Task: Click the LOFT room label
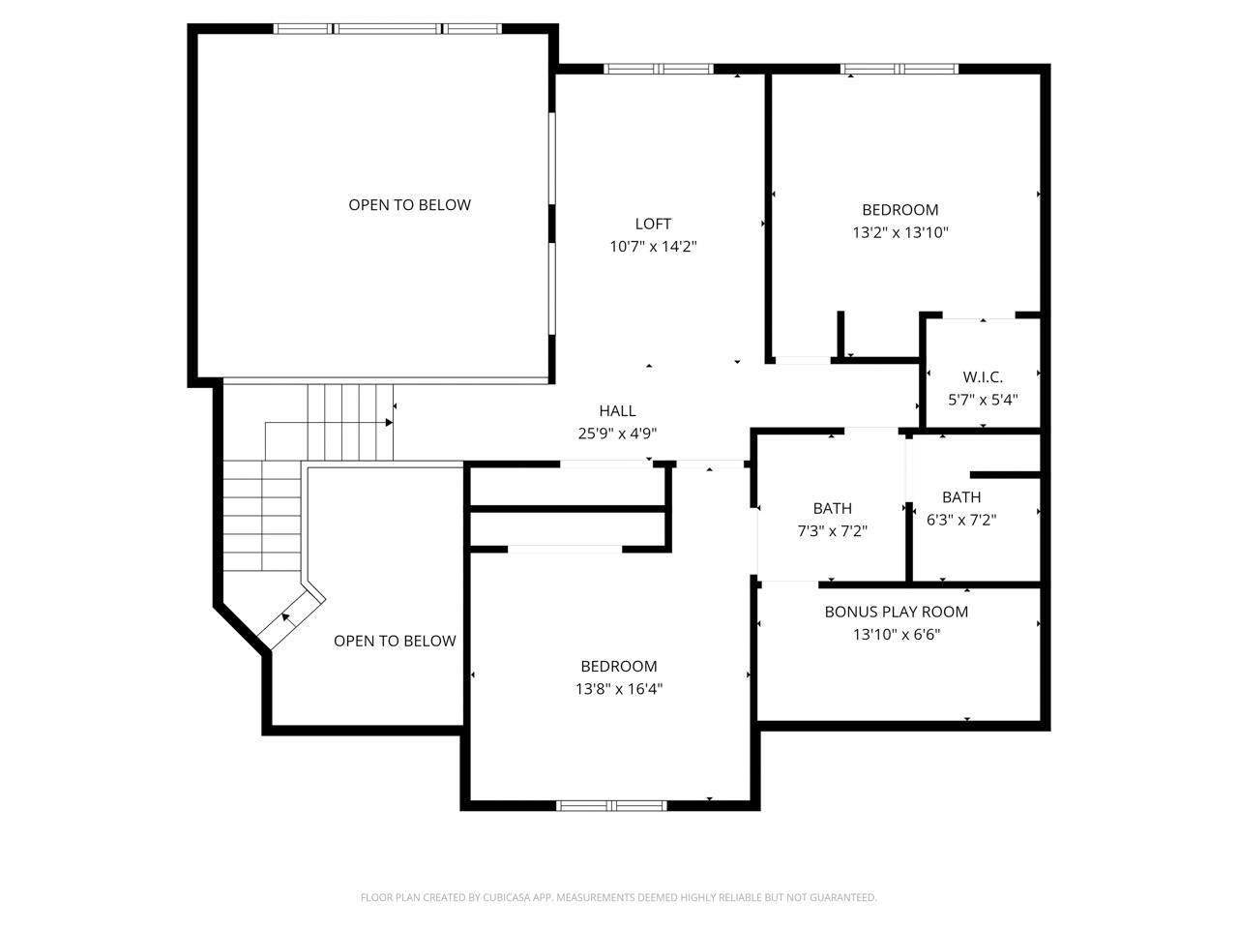653,224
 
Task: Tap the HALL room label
617,410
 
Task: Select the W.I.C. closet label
983,376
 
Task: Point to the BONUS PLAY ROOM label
897,612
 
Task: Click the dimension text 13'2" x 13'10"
900,232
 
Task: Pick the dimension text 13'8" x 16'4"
619,689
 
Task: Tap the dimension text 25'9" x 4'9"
618,434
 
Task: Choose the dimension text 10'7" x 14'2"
653,247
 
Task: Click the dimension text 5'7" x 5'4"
983,400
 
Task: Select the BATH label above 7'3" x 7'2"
832,508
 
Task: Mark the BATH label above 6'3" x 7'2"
961,497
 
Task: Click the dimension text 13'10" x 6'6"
897,634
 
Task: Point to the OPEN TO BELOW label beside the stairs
395,641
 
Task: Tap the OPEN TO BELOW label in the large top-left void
409,205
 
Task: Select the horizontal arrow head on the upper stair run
389,423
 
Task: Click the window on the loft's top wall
659,69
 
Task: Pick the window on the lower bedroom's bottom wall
611,805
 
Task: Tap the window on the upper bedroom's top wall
899,69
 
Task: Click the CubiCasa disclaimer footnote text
619,897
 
